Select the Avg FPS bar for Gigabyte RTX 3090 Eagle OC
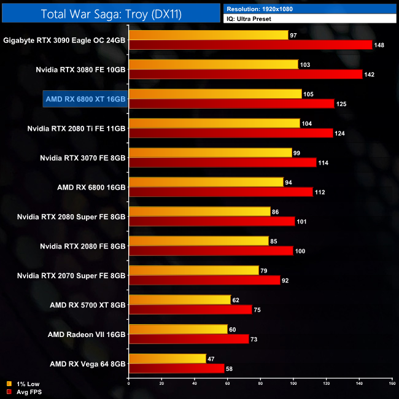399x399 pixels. coord(250,45)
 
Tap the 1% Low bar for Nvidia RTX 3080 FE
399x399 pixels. coord(214,64)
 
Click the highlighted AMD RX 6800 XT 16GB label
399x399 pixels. coord(85,99)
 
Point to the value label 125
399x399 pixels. coord(341,104)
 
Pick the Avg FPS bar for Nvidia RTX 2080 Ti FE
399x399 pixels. coord(231,133)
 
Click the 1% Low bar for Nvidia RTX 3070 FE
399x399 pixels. coord(210,153)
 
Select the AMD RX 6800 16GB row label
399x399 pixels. coord(90,187)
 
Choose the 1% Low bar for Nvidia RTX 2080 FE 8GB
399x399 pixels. coord(198,241)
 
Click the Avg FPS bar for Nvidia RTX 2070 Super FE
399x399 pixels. coord(204,281)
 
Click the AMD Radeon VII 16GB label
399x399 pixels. coord(87,335)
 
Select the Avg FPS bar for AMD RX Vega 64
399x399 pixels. coord(176,369)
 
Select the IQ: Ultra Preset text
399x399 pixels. coord(249,19)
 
